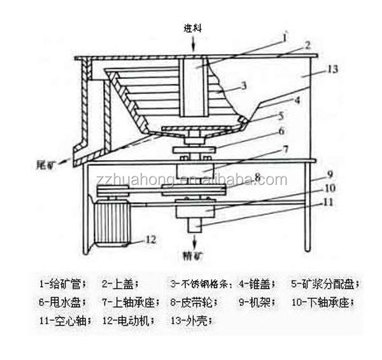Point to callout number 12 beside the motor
point(151,240)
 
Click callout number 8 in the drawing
point(258,176)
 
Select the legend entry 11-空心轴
point(62,321)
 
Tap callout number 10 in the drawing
point(329,189)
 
